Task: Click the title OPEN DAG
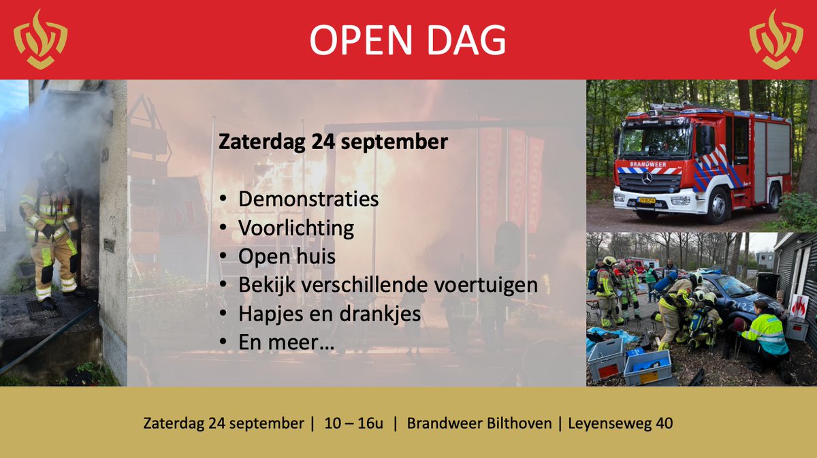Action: coord(408,40)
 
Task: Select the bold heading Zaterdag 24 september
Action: coord(333,142)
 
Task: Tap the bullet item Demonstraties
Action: coord(308,199)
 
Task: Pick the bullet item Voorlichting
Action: coord(295,228)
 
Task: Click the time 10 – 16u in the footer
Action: coord(354,423)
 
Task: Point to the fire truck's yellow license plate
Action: coord(646,201)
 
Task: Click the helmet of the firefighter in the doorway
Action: coord(54,163)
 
